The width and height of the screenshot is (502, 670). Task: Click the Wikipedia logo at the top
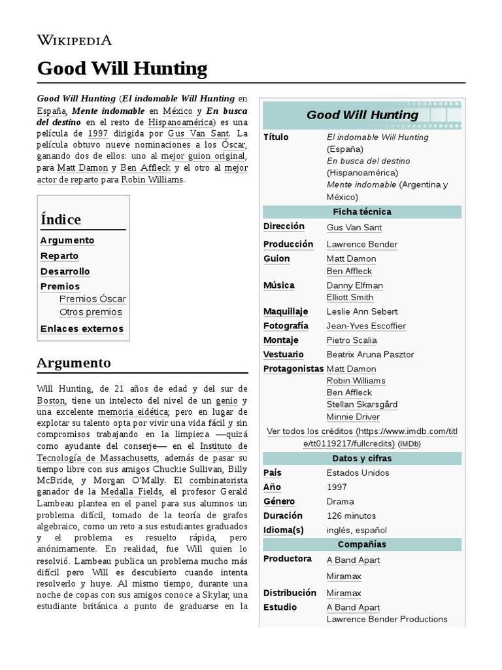coord(74,41)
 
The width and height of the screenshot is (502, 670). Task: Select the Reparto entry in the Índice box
coord(59,256)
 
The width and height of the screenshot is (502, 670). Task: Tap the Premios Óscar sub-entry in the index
coord(92,299)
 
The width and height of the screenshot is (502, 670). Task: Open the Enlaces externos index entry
coord(82,328)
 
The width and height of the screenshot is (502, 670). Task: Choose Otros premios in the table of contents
coord(90,312)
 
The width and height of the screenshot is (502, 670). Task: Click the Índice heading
coord(61,219)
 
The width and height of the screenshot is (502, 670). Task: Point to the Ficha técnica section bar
coord(361,212)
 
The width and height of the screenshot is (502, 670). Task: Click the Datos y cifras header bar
coord(361,458)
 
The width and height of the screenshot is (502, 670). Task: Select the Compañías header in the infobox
coord(361,544)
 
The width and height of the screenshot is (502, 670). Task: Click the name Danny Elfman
coord(354,285)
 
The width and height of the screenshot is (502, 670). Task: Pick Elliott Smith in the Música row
coord(350,297)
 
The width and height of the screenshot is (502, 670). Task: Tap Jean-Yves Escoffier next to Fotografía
coord(366,326)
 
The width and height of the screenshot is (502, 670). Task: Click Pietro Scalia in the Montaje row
coord(352,340)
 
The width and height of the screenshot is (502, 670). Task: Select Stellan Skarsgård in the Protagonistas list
coord(361,404)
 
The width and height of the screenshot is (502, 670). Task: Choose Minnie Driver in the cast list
coord(353,417)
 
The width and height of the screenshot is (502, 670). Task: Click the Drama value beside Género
coord(340,501)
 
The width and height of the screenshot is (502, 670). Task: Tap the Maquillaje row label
coord(284,311)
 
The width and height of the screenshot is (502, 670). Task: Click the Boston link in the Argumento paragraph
coord(52,400)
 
